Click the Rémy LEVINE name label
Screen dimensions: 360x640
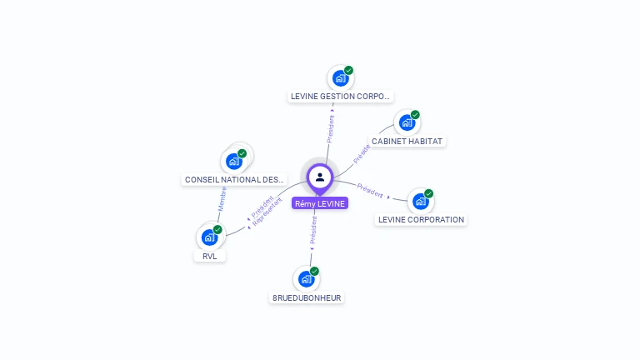(x=320, y=203)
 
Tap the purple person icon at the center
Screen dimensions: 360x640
(x=320, y=177)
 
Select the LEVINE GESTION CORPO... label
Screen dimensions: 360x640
(x=340, y=96)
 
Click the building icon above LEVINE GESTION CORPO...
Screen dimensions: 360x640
(x=340, y=78)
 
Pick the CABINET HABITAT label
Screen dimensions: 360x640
(x=407, y=142)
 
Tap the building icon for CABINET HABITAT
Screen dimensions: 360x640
(x=407, y=122)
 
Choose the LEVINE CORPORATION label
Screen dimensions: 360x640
(x=421, y=220)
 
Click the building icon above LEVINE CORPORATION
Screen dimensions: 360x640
(x=420, y=202)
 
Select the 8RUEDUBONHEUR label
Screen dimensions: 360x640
(x=307, y=297)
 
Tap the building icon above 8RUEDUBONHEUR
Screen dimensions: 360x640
(x=306, y=279)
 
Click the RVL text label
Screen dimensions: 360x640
(x=209, y=256)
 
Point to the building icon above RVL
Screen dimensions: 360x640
(x=209, y=237)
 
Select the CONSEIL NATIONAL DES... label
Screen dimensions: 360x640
(x=234, y=179)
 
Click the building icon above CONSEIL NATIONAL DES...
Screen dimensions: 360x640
(x=233, y=161)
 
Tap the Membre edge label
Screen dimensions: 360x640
(x=222, y=198)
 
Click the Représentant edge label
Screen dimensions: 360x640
(x=267, y=213)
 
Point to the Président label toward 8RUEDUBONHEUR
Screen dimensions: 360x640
(x=313, y=230)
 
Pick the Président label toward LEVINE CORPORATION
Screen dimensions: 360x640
(x=370, y=190)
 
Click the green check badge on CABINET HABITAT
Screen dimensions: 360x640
(x=415, y=115)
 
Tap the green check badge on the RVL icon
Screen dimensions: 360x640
(x=217, y=229)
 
